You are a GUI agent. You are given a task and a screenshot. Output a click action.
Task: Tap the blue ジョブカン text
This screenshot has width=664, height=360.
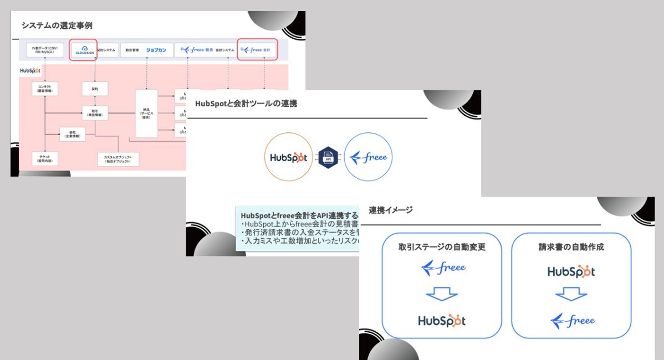[x=156, y=50]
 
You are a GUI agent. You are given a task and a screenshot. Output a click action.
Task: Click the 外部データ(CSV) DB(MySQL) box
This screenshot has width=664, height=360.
[x=45, y=50]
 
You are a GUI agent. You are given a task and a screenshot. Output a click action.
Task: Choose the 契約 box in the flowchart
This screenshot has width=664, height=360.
[x=95, y=89]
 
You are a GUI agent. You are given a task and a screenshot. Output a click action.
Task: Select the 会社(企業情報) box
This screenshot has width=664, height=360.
[x=73, y=134]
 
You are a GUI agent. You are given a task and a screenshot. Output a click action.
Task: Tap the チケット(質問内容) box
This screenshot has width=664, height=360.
[x=45, y=159]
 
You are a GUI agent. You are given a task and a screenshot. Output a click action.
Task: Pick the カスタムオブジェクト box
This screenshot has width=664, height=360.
[x=118, y=160]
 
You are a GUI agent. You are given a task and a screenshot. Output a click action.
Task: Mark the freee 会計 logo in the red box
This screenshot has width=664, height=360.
[x=257, y=49]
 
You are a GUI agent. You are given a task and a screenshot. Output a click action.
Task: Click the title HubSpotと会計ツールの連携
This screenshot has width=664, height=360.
[x=246, y=104]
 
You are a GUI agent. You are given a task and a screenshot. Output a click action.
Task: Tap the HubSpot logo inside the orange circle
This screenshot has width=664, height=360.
[x=288, y=157]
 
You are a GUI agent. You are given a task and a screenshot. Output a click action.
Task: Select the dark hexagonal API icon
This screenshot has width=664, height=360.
[x=328, y=157]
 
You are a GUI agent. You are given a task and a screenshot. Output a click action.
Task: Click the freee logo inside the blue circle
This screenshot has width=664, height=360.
[x=368, y=157]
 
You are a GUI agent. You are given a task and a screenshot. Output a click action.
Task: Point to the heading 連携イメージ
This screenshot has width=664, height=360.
[x=390, y=210]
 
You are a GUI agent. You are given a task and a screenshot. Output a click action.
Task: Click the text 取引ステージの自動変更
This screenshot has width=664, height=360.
[x=442, y=247]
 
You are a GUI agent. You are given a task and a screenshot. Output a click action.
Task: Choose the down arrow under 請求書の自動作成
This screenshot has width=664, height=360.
[x=571, y=295]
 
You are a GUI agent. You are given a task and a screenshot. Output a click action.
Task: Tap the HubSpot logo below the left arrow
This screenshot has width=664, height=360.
[x=442, y=320]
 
